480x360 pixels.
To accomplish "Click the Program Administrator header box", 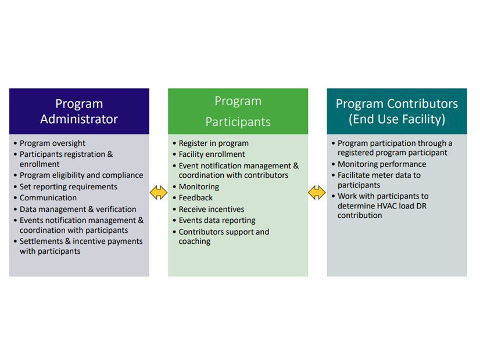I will click(79, 111).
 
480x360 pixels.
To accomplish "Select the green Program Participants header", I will click(238, 111).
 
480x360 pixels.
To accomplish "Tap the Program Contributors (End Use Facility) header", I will click(396, 111).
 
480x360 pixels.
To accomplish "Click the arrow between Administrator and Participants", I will click(159, 193).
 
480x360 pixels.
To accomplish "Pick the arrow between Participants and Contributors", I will click(317, 193).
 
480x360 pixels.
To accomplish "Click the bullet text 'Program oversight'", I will click(52, 143).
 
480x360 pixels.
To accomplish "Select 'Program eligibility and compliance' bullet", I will click(81, 175).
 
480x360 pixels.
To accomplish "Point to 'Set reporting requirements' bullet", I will click(68, 187).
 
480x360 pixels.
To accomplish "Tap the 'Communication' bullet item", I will click(48, 198).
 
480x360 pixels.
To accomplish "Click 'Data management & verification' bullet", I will click(78, 209).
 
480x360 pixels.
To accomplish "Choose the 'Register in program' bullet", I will click(213, 143).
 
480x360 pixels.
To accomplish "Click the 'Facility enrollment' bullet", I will click(212, 154).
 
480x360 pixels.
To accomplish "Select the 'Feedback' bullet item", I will click(195, 198).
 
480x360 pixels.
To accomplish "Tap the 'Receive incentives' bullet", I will click(211, 209).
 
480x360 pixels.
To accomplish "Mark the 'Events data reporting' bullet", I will click(217, 221).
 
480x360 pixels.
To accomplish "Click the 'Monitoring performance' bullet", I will click(381, 164).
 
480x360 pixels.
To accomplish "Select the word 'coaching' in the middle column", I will click(195, 242).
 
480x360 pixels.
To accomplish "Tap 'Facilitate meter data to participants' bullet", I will click(378, 180).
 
